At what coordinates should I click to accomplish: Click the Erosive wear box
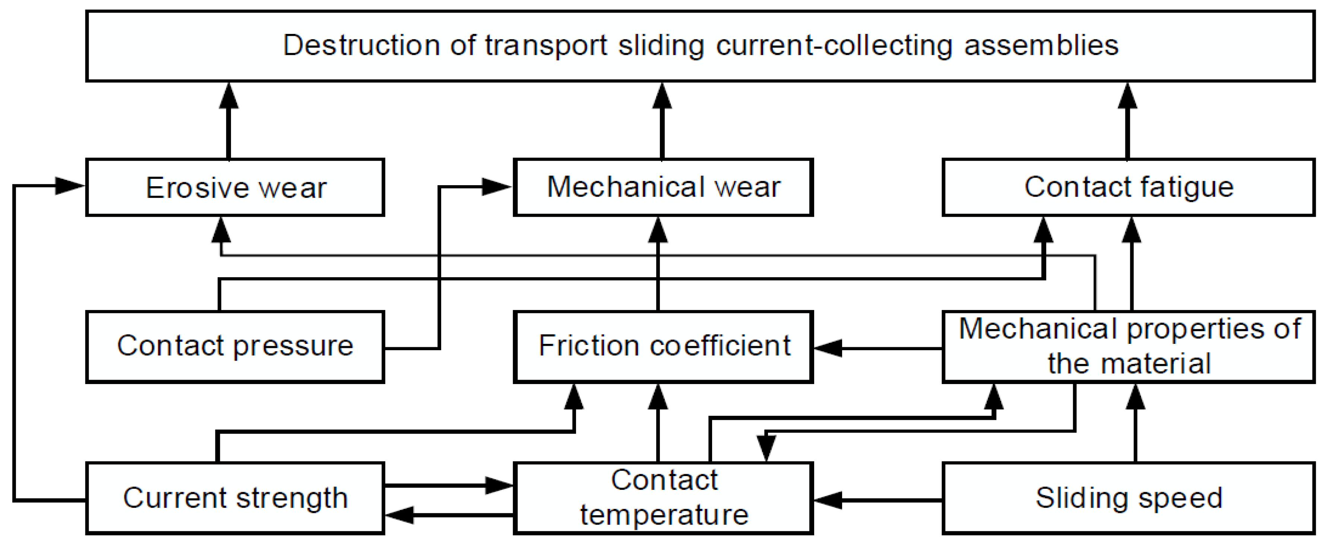tap(235, 187)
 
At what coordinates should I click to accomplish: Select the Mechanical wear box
tap(663, 187)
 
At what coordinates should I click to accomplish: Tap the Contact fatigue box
tap(1128, 187)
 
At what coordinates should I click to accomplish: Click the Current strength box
tap(235, 498)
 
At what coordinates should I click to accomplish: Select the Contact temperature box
tap(663, 498)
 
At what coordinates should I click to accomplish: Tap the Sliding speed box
tap(1128, 498)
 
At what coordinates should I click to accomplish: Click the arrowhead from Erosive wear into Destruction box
tap(229, 96)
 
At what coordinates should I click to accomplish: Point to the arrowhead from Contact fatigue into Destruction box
tap(1127, 96)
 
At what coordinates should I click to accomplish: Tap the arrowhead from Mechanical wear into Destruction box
tap(662, 96)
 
